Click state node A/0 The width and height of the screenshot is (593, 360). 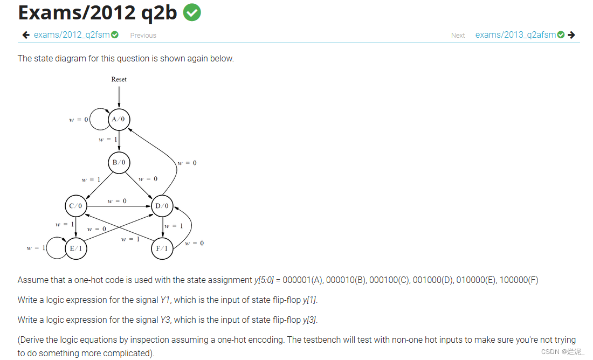click(x=119, y=119)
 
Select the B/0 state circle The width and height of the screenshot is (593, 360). click(x=119, y=162)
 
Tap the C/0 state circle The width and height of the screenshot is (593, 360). click(x=75, y=206)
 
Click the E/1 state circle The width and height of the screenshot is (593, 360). click(x=75, y=248)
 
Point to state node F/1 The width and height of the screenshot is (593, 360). click(x=162, y=248)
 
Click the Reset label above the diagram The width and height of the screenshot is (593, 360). click(x=119, y=79)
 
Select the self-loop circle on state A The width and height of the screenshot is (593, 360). click(x=99, y=120)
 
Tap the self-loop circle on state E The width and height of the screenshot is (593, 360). click(x=56, y=248)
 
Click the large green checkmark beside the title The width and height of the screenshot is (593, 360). click(x=192, y=12)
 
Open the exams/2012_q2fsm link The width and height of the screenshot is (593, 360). click(x=72, y=35)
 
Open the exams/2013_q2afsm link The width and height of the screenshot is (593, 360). click(x=516, y=35)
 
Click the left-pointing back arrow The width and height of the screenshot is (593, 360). click(x=26, y=35)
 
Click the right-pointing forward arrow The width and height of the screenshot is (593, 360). click(x=571, y=35)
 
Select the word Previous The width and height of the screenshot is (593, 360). click(x=143, y=36)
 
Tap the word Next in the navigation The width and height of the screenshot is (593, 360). click(x=458, y=36)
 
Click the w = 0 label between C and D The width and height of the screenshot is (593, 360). click(x=117, y=201)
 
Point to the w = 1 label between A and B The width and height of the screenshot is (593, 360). click(x=108, y=140)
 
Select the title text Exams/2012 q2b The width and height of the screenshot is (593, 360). click(x=98, y=12)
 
